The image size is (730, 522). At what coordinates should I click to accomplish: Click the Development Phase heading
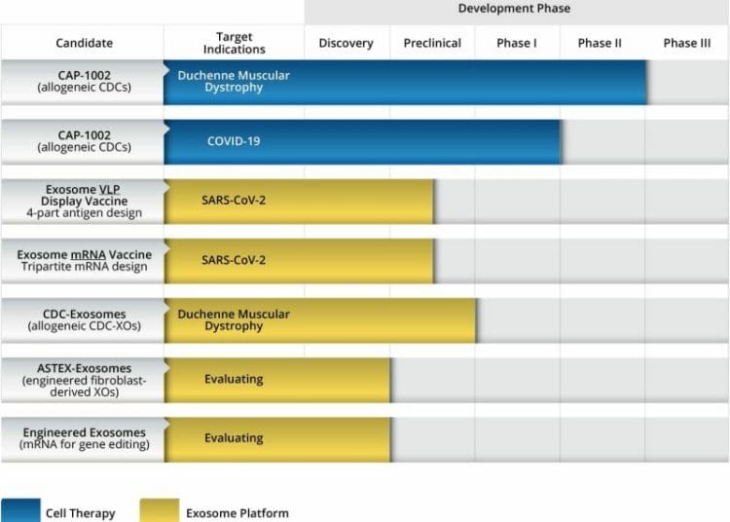[514, 9]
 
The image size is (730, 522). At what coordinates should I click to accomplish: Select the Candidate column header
[84, 43]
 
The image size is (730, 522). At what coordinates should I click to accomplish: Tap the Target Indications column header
[235, 43]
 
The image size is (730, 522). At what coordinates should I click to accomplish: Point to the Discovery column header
[346, 43]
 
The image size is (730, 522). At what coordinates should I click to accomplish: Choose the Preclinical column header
[432, 43]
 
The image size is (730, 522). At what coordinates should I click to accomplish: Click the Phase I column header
[516, 43]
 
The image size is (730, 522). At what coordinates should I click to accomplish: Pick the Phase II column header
[600, 43]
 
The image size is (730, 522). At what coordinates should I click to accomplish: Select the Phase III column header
[687, 43]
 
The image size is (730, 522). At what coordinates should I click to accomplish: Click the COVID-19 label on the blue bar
[234, 141]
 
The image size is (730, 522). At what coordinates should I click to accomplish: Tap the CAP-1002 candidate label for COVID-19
[84, 141]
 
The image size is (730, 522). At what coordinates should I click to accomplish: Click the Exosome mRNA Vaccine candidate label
[84, 260]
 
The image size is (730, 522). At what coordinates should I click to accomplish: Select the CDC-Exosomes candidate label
[84, 319]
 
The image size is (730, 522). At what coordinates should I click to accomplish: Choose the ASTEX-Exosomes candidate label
[84, 380]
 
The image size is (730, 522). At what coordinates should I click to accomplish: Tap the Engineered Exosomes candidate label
[84, 438]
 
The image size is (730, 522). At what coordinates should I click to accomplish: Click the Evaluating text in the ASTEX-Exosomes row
[234, 380]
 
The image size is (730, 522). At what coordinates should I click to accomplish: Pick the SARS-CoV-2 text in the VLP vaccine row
[234, 201]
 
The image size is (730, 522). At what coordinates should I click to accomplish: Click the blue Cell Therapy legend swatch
[19, 511]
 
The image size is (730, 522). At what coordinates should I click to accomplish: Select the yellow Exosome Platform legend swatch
[160, 511]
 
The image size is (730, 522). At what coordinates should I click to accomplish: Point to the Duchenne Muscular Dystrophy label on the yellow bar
[234, 319]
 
